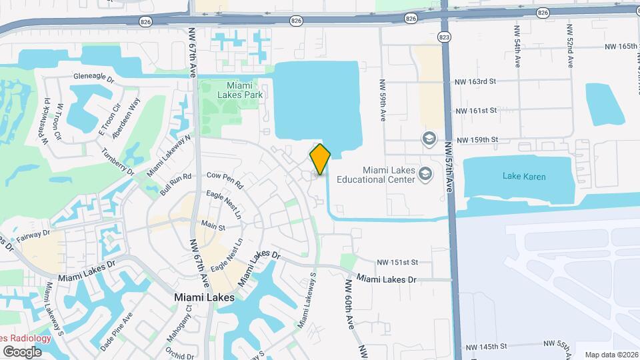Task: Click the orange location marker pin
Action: pos(320,159)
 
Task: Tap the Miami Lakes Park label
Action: pos(235,90)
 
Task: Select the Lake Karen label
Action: pos(524,177)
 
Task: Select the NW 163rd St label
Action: pos(475,81)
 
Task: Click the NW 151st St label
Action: pos(397,263)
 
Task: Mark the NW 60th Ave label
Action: pos(349,304)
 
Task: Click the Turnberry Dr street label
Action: pos(119,162)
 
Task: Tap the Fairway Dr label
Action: pos(33,233)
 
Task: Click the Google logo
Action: pos(22,351)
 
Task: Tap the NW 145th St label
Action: pos(486,347)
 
